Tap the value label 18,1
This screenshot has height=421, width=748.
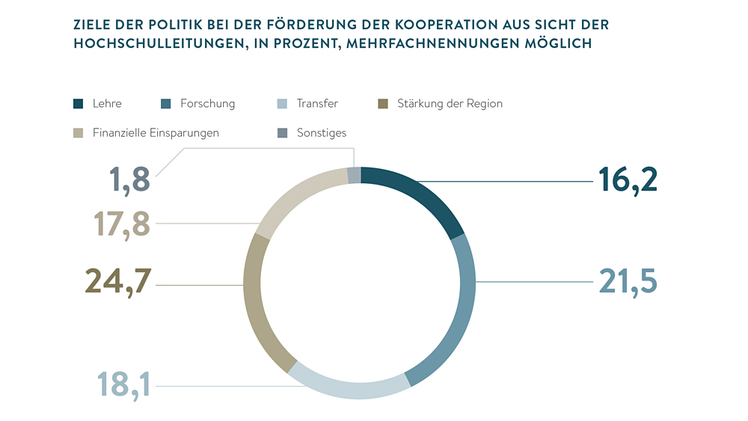coord(124,385)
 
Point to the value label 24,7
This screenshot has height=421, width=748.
coord(118,281)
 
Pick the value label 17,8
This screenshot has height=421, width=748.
coord(122,224)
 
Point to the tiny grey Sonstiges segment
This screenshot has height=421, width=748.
coord(355,175)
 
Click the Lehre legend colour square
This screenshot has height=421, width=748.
coord(79,104)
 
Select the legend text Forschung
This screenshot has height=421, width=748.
coord(208,104)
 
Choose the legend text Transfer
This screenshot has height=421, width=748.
coord(317,104)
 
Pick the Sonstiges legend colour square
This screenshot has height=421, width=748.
coord(282,133)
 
